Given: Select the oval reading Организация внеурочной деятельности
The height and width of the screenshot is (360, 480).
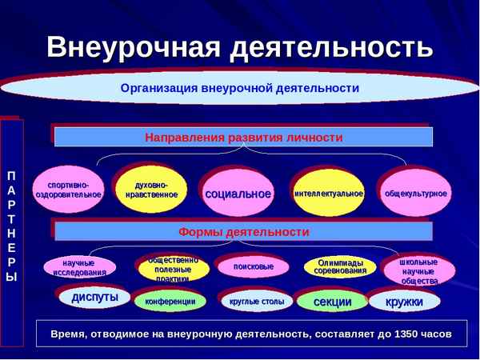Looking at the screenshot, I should click(239, 89).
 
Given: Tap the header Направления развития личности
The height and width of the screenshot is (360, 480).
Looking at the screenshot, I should click(243, 138).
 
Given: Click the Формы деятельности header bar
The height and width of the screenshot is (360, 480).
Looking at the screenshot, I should click(243, 232).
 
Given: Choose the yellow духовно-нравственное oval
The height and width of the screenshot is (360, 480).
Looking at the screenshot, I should click(152, 189).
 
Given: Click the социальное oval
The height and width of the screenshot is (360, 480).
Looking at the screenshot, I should click(238, 194).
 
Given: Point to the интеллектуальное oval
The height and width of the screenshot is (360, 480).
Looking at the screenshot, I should click(328, 194).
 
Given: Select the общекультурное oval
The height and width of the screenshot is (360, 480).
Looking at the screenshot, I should click(416, 194).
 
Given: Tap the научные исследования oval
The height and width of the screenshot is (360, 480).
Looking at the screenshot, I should click(78, 267).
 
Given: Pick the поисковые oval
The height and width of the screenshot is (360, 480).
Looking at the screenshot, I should click(254, 266).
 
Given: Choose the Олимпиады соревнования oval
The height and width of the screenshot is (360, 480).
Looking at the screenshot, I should click(340, 266).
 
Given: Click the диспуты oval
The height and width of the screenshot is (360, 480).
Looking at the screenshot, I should click(94, 298).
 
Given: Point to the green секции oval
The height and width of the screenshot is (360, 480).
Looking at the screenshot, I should click(332, 302).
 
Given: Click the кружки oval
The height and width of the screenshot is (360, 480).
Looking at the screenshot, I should click(404, 302).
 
